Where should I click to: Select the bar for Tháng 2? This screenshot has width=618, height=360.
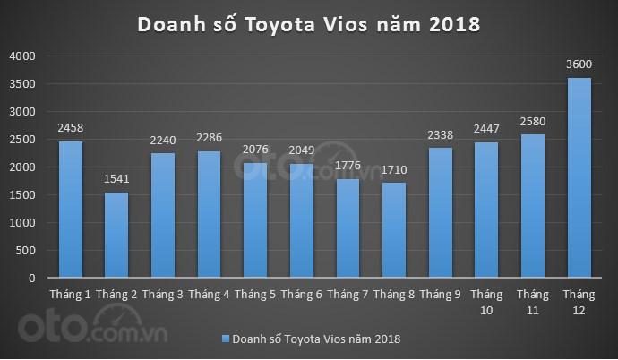click(x=116, y=235)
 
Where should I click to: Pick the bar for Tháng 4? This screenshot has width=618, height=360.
click(x=209, y=214)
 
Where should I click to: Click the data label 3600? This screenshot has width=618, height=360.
click(x=579, y=64)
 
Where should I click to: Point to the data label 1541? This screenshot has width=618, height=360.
click(x=116, y=178)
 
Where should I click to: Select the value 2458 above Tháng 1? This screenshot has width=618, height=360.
click(x=70, y=127)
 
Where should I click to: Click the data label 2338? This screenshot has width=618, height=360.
click(x=441, y=134)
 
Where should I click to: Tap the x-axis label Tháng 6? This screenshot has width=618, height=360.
click(x=301, y=294)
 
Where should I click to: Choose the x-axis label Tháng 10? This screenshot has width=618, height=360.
click(x=486, y=301)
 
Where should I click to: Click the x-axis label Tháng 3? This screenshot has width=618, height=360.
click(x=162, y=294)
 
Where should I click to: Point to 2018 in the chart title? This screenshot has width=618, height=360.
click(x=456, y=24)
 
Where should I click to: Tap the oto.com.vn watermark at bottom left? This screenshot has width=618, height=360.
click(x=89, y=322)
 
